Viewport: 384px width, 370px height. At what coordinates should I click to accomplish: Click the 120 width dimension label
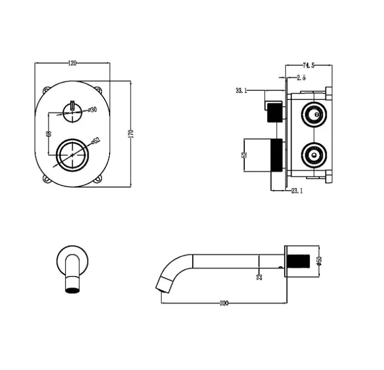coord(72,63)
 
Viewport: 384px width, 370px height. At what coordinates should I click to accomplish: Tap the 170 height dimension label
coord(131,134)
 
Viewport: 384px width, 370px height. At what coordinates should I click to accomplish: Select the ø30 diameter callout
coord(92,110)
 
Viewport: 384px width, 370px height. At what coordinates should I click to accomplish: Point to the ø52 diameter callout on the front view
coord(96,140)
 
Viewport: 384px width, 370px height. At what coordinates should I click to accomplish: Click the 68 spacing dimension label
coord(49,133)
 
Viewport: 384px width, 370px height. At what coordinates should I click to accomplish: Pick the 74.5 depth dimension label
coord(309,65)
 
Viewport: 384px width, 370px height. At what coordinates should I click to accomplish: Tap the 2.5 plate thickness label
coord(301,78)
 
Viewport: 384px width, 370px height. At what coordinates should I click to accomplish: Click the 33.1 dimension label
coord(241,91)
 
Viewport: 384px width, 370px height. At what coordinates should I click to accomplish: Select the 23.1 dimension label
coord(297,191)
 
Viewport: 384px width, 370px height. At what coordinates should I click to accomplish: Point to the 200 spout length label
coord(224,303)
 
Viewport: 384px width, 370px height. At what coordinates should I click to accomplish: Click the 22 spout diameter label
coord(259,277)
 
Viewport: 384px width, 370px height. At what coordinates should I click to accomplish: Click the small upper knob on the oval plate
coord(72,112)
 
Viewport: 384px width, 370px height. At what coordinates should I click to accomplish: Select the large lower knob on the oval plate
coord(73,155)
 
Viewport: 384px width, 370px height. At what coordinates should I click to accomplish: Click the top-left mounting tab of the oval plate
coord(46,90)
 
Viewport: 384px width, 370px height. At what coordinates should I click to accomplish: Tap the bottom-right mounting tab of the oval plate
coord(98,179)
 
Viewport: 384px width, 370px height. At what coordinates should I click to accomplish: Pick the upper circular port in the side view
coord(314,114)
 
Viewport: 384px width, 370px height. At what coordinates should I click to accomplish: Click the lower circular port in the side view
coord(314,155)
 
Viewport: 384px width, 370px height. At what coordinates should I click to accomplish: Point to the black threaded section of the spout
coord(298,261)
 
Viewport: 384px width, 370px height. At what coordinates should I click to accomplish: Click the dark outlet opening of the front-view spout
coord(73,290)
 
